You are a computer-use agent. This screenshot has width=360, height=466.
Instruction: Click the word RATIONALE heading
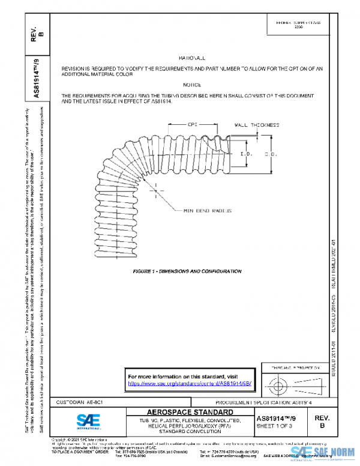(192, 58)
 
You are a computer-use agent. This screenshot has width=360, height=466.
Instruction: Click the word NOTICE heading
(192, 85)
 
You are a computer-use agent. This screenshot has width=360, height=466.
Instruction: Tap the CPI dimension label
(192, 126)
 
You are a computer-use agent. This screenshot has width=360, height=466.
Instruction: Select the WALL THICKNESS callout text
(257, 126)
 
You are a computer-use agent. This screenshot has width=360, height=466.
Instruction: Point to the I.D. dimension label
(253, 154)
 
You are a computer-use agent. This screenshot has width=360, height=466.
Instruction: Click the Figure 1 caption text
(187, 271)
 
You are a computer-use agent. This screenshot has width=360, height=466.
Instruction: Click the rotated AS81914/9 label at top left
(37, 76)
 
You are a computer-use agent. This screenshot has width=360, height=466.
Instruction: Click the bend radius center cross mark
(155, 191)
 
